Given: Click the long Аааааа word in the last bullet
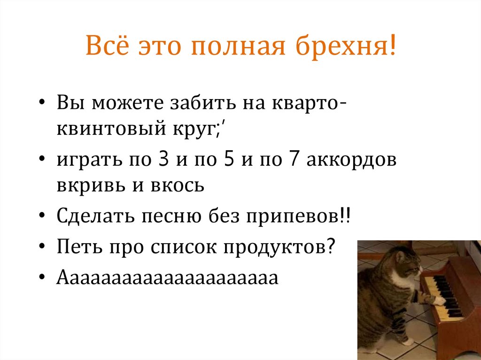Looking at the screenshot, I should tap(167, 278).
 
